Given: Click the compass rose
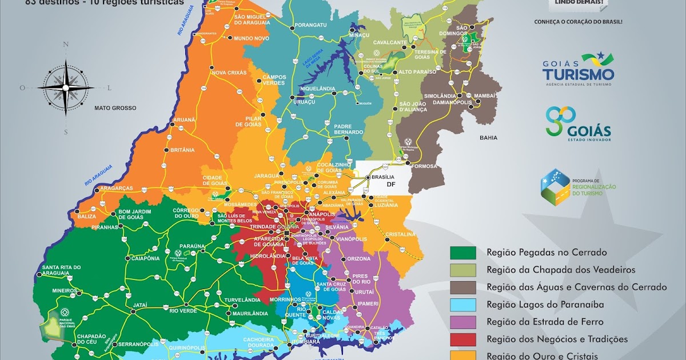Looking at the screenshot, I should point(66,87).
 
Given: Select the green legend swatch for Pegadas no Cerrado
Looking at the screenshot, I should point(463,252).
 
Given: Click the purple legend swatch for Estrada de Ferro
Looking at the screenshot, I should point(463,322).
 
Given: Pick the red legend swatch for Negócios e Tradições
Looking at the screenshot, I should point(463,339).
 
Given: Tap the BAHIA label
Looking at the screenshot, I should point(489,138).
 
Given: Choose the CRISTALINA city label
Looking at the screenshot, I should point(401,234).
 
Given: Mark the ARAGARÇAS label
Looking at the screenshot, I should point(116,188).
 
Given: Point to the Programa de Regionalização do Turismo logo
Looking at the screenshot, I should point(578,187).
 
